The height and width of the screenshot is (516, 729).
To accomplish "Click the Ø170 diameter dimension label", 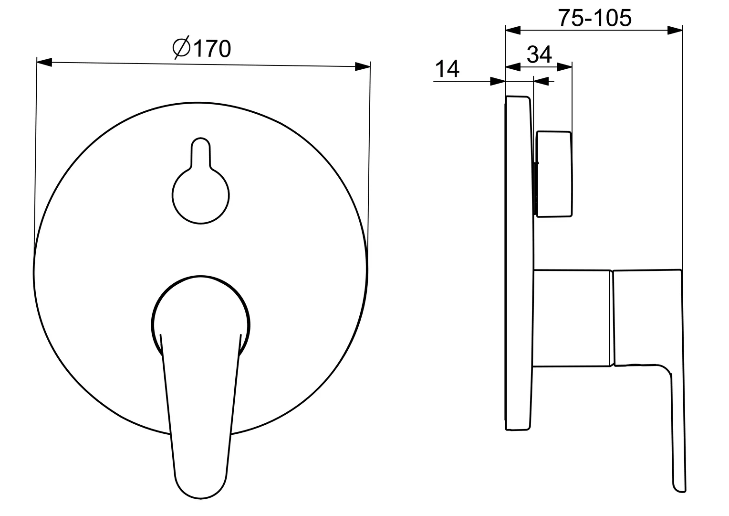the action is point(202,49).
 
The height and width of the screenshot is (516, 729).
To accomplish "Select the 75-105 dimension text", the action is point(594,18).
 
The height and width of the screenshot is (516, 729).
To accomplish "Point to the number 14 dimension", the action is point(447,69).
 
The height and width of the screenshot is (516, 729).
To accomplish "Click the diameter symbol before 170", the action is point(181,48).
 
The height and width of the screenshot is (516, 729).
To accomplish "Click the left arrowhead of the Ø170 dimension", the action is point(44,62).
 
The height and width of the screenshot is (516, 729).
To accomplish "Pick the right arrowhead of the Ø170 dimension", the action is point(363,66).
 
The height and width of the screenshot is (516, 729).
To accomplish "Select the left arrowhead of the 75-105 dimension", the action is point(513,30).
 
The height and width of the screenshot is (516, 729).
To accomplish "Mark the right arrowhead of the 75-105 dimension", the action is point(675,30).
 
